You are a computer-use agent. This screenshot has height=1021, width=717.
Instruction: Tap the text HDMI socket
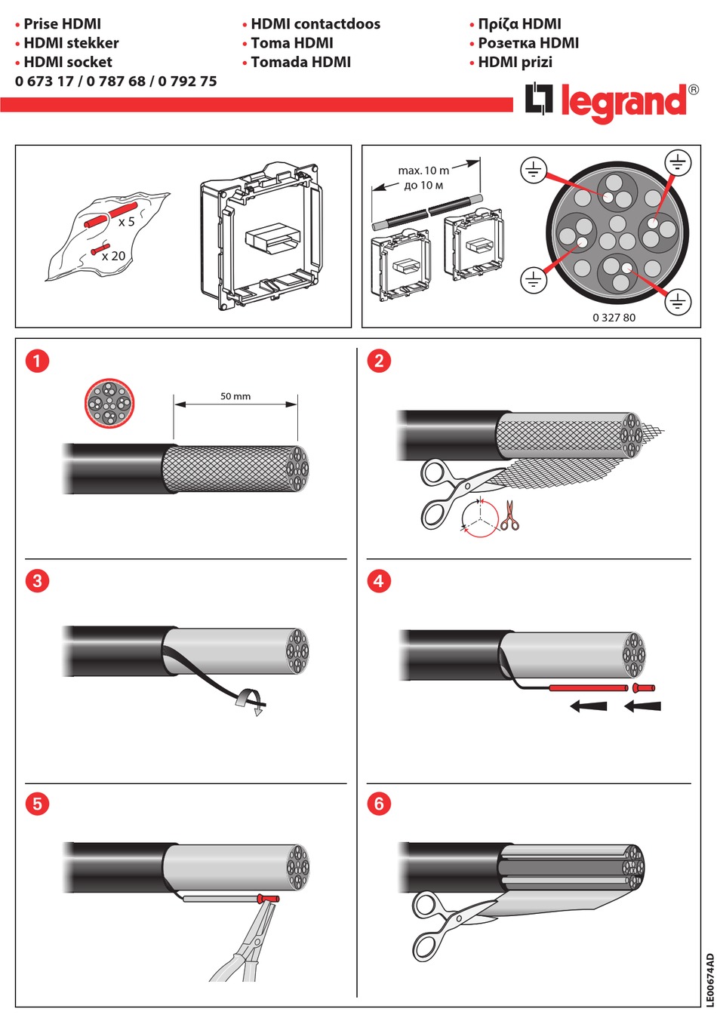tap(68, 63)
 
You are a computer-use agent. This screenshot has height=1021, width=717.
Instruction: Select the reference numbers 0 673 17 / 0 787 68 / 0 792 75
tap(115, 81)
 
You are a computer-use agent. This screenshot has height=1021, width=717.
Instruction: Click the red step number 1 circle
tap(37, 361)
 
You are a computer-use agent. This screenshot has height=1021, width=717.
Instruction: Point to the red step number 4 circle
tap(378, 581)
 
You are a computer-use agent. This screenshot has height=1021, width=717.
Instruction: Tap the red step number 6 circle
tap(378, 804)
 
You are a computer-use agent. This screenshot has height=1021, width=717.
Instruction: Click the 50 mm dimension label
tap(235, 396)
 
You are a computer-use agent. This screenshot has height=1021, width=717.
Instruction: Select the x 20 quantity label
tap(114, 257)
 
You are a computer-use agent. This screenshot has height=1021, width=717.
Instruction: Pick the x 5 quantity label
tap(126, 222)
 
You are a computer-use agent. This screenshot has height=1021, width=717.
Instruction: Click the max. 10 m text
tap(423, 171)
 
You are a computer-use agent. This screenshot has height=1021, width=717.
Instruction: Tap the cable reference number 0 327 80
tap(614, 318)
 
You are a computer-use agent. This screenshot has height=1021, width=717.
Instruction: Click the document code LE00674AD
tap(709, 979)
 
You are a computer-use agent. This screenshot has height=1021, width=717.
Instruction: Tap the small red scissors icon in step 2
tap(510, 516)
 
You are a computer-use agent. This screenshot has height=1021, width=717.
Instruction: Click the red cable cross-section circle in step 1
tap(109, 404)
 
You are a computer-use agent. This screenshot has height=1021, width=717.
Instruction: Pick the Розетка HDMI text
tap(528, 44)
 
